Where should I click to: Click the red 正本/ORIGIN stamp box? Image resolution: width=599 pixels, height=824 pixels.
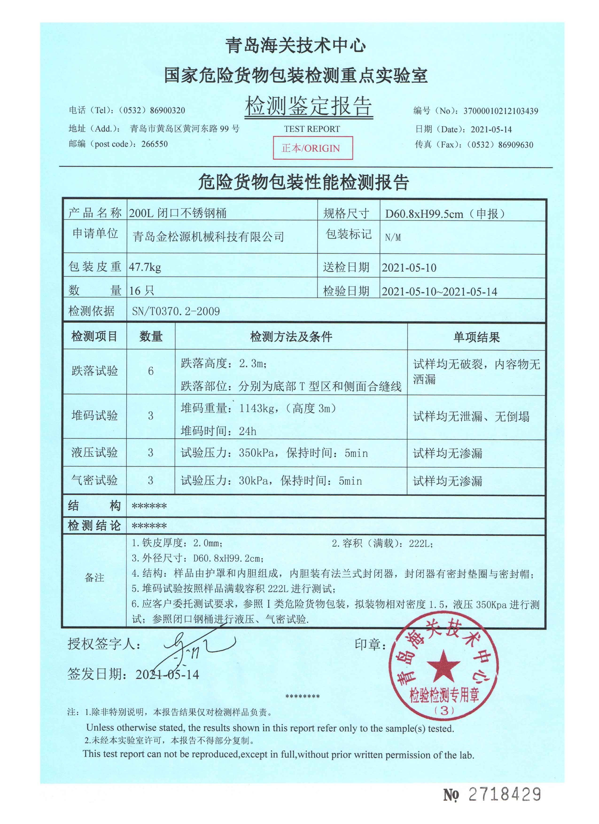tap(313, 148)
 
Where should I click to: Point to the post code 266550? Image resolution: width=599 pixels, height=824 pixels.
tap(155, 144)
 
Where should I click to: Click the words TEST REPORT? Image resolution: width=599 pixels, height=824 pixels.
tap(312, 129)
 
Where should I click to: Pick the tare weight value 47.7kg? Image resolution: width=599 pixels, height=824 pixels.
tap(145, 267)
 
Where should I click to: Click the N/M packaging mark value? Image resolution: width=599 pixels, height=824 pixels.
tap(393, 238)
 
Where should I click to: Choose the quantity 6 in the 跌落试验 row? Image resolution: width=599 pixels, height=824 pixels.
tap(151, 371)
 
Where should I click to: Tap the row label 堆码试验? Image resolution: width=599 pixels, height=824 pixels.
tap(95, 416)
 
